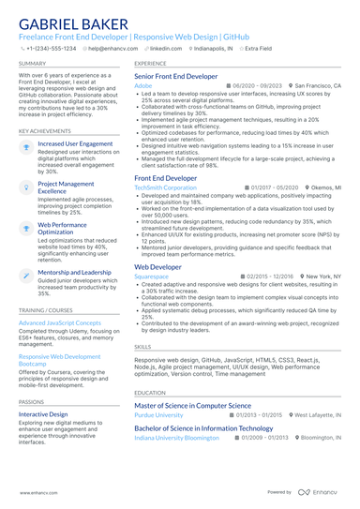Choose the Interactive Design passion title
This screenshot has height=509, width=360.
tap(43, 413)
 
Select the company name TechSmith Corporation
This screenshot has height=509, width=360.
tap(166, 187)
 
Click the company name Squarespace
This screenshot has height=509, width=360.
tap(152, 277)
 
